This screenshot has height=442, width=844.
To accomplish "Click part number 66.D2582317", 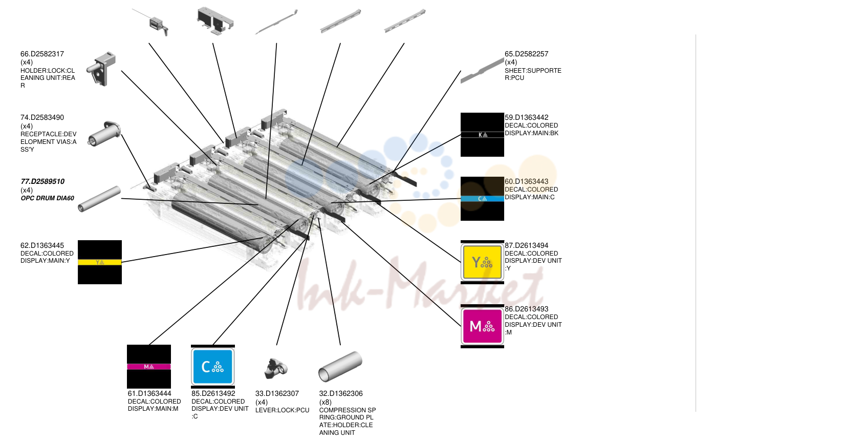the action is (x=42, y=54).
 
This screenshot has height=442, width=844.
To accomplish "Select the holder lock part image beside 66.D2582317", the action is (x=101, y=69).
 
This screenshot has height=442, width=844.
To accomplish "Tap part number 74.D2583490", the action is (x=42, y=118).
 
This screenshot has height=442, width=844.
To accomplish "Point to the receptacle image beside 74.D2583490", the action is (x=104, y=134).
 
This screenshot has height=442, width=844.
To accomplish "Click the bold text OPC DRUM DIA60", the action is (x=48, y=198).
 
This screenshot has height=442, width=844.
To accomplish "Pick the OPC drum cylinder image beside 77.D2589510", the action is (x=99, y=199).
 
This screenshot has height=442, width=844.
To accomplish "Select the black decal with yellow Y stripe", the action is (x=100, y=262).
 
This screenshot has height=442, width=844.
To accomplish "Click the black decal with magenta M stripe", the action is (x=149, y=367).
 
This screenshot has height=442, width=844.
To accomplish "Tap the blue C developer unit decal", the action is (x=213, y=367).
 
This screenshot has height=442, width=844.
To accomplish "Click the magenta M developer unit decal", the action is (x=482, y=326).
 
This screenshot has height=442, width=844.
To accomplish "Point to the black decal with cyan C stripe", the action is (x=482, y=199).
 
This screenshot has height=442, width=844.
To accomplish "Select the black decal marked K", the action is (x=482, y=135).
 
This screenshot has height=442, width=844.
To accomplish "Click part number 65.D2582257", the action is (x=526, y=54).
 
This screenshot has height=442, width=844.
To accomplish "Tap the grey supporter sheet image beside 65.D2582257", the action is (x=482, y=71).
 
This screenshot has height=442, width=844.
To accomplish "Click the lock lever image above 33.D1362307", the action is (x=276, y=368).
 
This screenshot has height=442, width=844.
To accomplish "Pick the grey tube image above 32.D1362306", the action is (x=340, y=366).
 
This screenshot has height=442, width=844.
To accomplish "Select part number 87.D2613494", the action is (x=526, y=245).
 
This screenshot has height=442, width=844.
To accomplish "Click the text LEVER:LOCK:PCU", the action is (x=282, y=410).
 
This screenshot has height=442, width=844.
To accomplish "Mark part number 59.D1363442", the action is (x=526, y=118).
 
